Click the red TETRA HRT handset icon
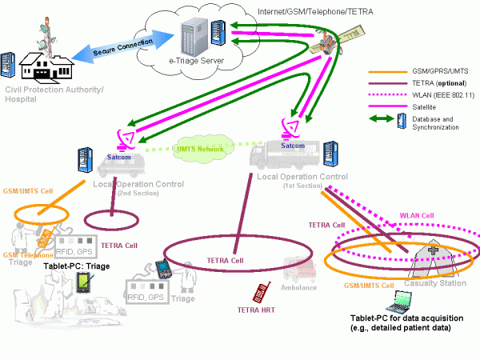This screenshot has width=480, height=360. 259,293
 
